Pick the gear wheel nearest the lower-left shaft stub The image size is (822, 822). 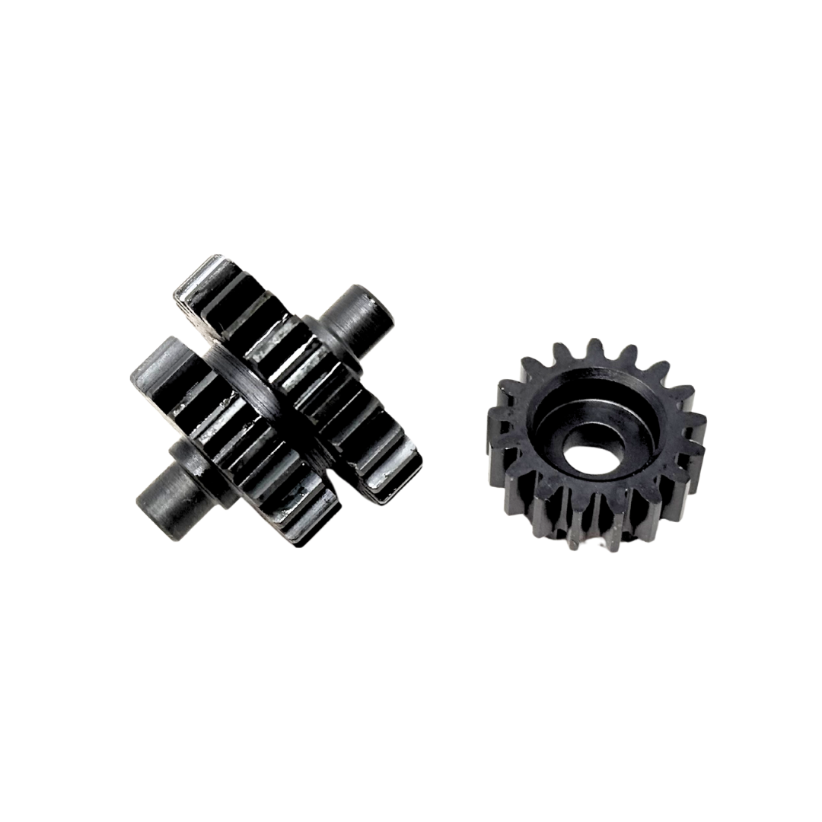(228, 449)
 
